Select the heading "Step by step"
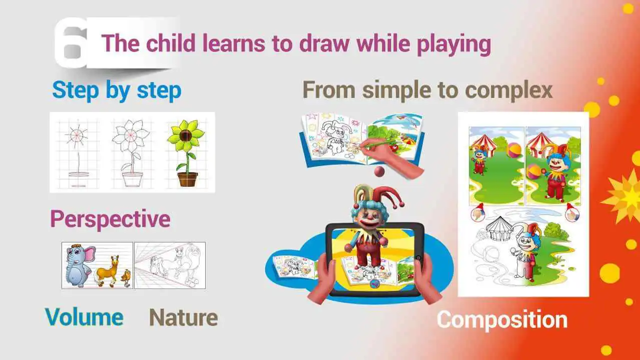click(117, 90)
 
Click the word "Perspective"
click(110, 219)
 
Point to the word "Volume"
click(84, 316)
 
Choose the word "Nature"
click(184, 317)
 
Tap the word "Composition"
click(502, 320)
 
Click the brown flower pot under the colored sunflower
click(187, 178)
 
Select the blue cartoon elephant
click(79, 265)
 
